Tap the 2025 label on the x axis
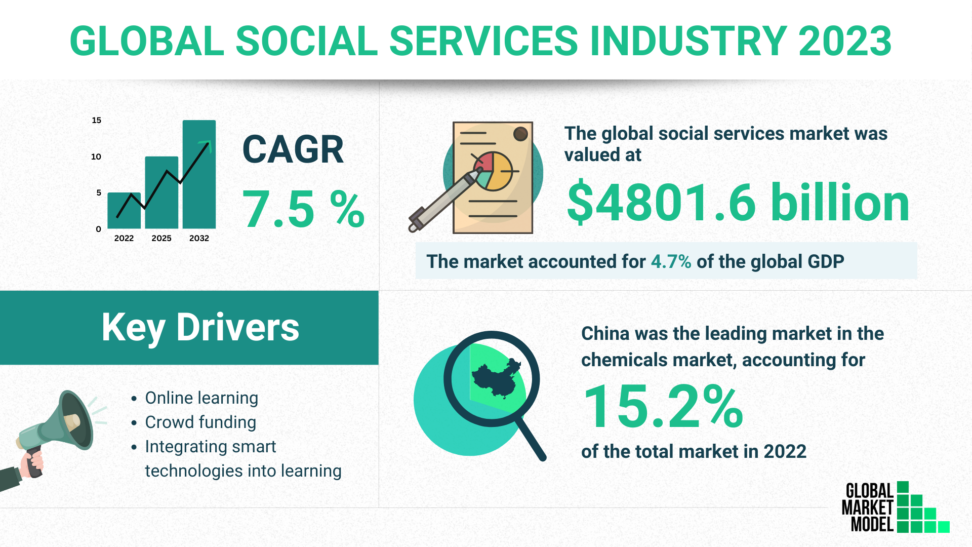[161, 238]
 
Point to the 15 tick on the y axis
[96, 120]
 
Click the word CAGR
[293, 150]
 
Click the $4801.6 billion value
[738, 203]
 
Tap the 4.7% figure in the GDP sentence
[671, 261]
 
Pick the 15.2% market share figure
[663, 406]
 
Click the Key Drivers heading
[200, 327]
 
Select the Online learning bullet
[201, 398]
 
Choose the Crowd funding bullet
[200, 422]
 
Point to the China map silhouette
[496, 379]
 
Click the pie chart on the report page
[493, 171]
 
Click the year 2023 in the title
[844, 42]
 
